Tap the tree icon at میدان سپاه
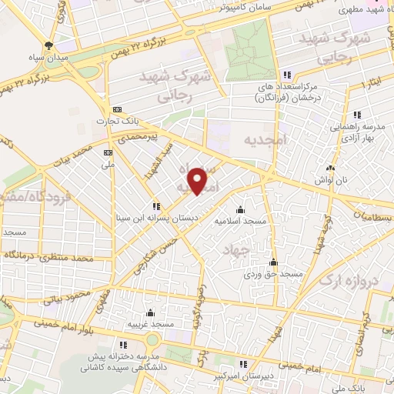(x=49, y=45)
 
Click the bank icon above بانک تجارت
(x=116, y=109)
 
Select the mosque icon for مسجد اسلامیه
(x=240, y=209)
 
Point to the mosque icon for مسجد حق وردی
(x=273, y=262)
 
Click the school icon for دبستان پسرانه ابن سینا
(x=156, y=205)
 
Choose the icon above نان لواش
(x=331, y=167)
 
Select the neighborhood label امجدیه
(x=265, y=141)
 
